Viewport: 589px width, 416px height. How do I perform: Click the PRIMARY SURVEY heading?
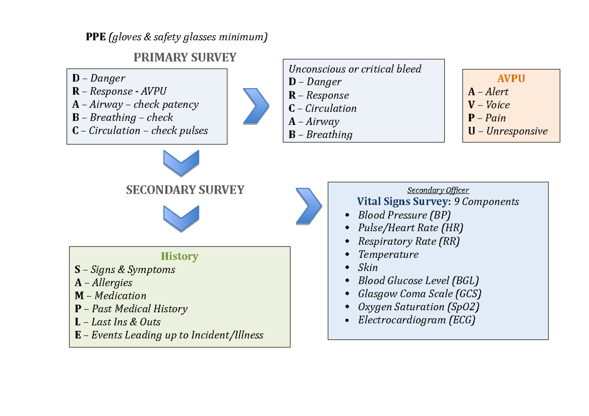tap(185, 57)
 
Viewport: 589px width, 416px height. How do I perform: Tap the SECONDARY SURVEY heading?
tap(185, 190)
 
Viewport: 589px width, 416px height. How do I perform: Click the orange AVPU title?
tap(511, 79)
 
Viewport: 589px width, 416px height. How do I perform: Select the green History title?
tap(179, 256)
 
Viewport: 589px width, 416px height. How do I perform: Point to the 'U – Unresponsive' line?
tap(508, 131)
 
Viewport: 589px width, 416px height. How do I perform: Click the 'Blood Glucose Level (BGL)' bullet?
tap(418, 281)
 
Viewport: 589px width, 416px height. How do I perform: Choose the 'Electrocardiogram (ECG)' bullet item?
tap(416, 320)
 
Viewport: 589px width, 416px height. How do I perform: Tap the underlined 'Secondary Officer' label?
tap(438, 190)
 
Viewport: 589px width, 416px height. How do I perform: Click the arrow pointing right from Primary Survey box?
tap(256, 106)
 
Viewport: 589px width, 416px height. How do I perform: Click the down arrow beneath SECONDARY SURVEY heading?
tap(181, 219)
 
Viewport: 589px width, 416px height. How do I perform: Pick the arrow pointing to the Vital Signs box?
tap(308, 206)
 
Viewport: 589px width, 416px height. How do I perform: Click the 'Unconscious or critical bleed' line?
tap(355, 69)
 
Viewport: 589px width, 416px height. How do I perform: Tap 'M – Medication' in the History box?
tap(110, 296)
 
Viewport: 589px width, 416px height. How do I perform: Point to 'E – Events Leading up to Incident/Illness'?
tap(169, 335)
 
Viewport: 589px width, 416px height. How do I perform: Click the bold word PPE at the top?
tap(96, 37)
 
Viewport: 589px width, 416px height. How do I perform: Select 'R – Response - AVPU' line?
tap(119, 91)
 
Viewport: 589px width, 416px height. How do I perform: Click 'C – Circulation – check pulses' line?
tap(140, 131)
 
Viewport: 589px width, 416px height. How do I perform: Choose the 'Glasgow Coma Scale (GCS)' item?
tap(419, 294)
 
